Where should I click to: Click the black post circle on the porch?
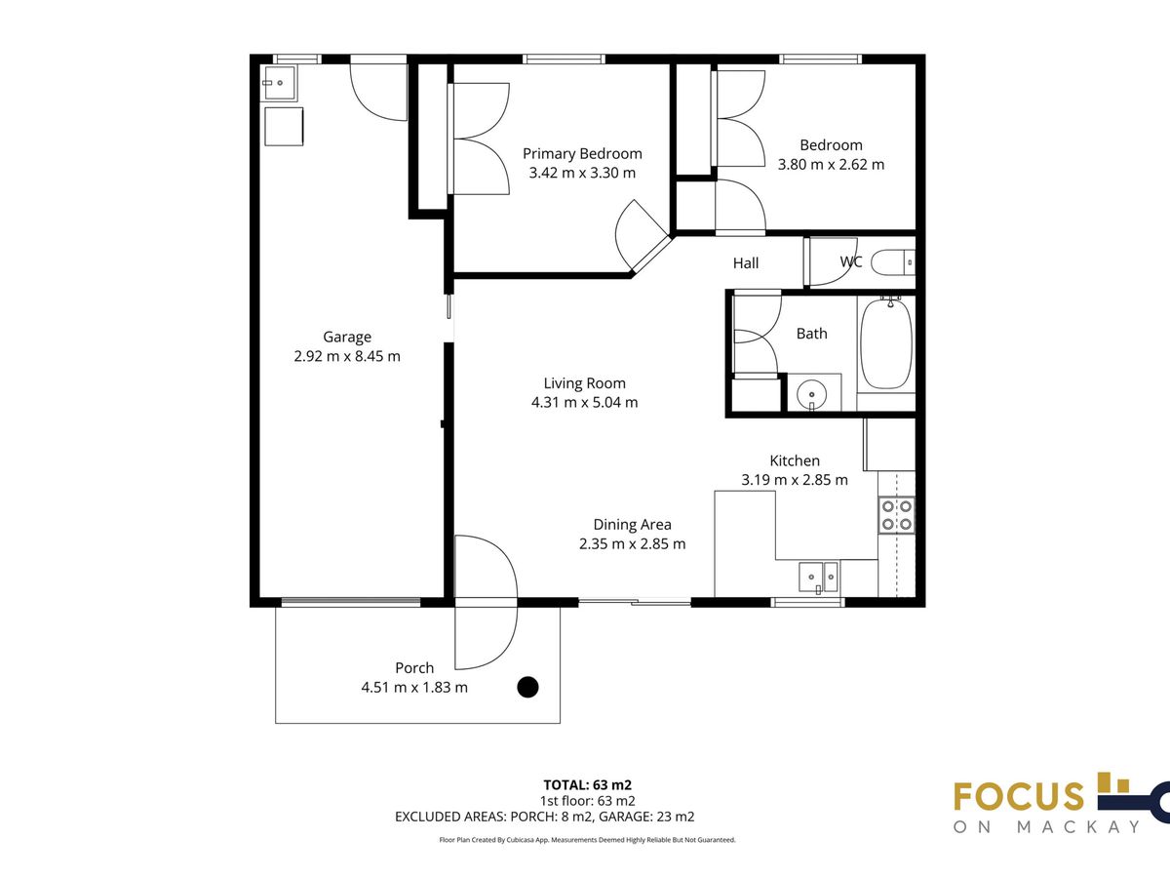click(x=527, y=687)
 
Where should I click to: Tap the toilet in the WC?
click(x=893, y=262)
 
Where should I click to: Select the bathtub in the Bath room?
click(x=886, y=344)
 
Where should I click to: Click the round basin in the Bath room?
click(x=812, y=394)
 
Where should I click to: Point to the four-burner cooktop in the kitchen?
click(x=897, y=515)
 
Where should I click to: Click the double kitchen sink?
click(x=818, y=578)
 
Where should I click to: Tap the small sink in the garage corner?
click(x=278, y=83)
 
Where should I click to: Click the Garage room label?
click(x=347, y=337)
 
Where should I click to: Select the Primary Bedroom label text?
click(x=582, y=153)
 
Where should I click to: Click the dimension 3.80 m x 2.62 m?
click(x=831, y=164)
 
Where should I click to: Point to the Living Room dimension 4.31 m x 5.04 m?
click(x=584, y=402)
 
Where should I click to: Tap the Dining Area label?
click(x=632, y=525)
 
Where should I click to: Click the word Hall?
click(x=746, y=262)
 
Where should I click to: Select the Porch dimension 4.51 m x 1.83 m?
click(x=414, y=687)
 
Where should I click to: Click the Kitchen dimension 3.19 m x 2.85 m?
click(x=795, y=480)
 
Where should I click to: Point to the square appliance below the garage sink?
click(x=284, y=127)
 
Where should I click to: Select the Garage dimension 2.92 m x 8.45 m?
click(x=347, y=356)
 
